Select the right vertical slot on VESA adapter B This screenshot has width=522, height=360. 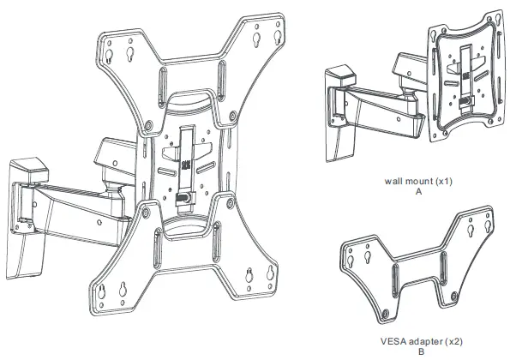(446, 261)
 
